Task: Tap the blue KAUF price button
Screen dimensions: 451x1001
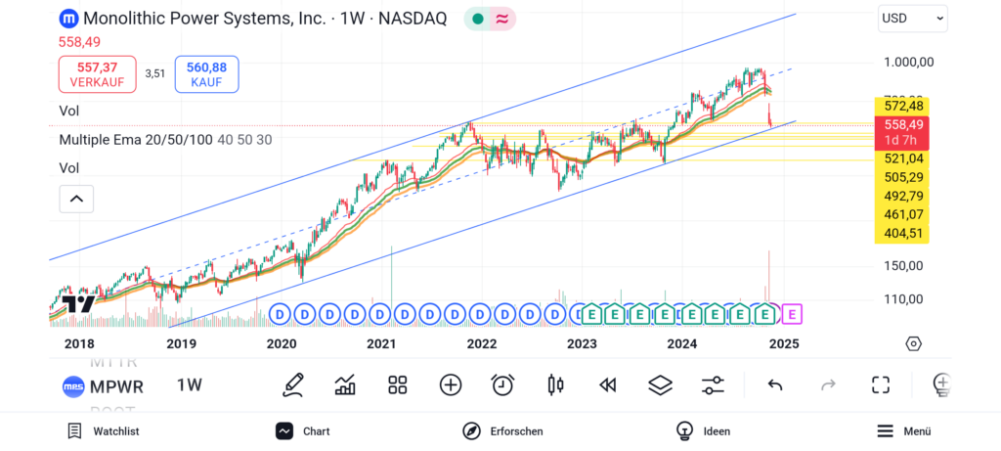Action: pos(206,74)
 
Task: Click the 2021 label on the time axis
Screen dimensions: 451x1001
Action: pos(381,343)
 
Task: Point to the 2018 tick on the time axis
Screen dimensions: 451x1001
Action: pos(79,343)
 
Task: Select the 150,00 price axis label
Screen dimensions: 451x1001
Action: pos(903,265)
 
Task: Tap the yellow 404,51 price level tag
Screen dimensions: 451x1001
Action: pos(901,233)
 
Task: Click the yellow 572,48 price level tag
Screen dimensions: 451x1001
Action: pos(901,106)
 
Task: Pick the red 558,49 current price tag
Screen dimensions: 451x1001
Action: pos(901,125)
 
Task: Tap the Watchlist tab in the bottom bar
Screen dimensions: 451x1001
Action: pos(104,431)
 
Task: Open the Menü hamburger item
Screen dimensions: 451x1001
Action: pos(903,431)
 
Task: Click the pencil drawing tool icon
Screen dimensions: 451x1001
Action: pos(292,384)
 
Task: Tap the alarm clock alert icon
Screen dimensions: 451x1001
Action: pos(502,384)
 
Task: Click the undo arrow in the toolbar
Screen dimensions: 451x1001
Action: pos(775,384)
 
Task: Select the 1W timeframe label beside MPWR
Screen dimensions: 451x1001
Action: pos(190,385)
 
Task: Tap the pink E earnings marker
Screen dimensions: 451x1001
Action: pos(793,314)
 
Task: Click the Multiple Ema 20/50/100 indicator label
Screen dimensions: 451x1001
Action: pos(136,140)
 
